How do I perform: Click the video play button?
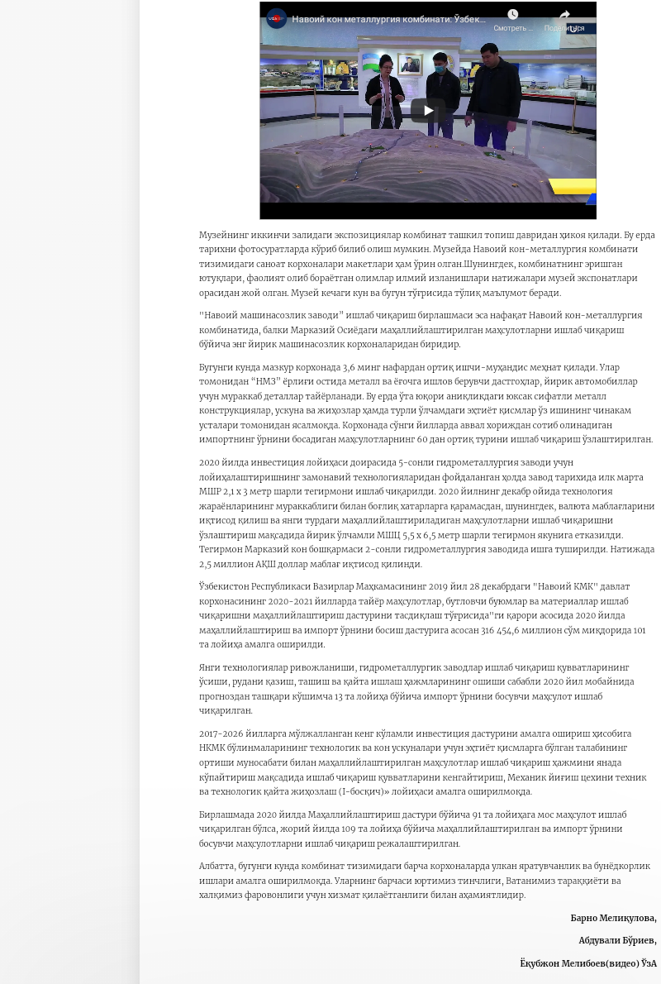point(428,110)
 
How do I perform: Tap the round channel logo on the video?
point(277,18)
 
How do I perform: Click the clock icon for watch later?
point(512,15)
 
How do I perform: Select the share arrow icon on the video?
point(565,15)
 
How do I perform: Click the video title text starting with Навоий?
point(388,19)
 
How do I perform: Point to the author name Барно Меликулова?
point(612,918)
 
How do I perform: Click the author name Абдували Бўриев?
point(616,940)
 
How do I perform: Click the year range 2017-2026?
point(219,733)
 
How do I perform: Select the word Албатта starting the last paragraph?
point(216,866)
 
